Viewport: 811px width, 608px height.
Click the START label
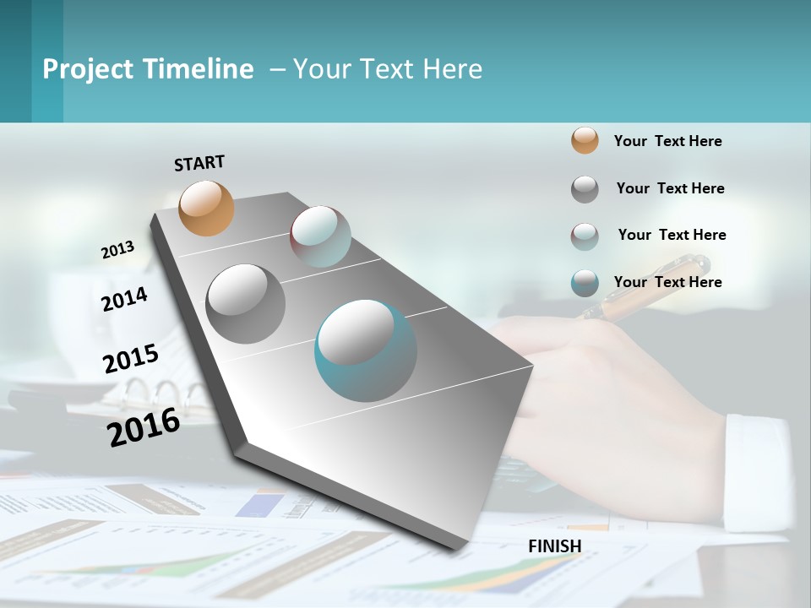pyautogui.click(x=199, y=163)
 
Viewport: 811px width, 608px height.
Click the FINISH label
pyautogui.click(x=554, y=546)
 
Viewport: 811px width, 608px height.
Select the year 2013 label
pyautogui.click(x=117, y=250)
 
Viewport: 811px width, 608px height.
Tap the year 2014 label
pyautogui.click(x=124, y=299)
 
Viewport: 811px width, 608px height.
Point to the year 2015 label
pyautogui.click(x=131, y=359)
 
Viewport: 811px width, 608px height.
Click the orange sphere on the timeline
pyautogui.click(x=206, y=208)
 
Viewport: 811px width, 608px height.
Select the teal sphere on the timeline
pyautogui.click(x=365, y=350)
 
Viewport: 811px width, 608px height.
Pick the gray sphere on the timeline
pyautogui.click(x=245, y=303)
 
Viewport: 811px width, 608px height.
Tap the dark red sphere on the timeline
pyautogui.click(x=320, y=236)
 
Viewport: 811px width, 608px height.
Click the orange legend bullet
pyautogui.click(x=585, y=141)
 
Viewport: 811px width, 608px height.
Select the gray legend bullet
pyautogui.click(x=585, y=189)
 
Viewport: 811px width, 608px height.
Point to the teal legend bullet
pyautogui.click(x=585, y=283)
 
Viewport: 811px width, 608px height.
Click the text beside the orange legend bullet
pyautogui.click(x=667, y=141)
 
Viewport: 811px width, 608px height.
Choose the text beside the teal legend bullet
pyautogui.click(x=667, y=282)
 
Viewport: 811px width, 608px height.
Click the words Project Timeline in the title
pyautogui.click(x=148, y=69)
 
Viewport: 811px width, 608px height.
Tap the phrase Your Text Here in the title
pyautogui.click(x=388, y=69)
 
